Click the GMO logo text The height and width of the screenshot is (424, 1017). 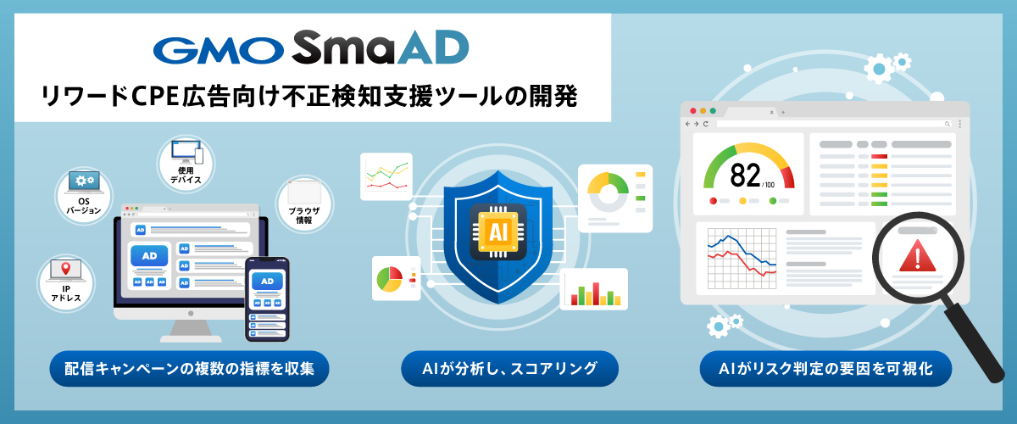(x=219, y=50)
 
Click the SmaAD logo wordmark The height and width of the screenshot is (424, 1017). (x=381, y=47)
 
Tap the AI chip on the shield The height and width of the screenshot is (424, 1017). (x=498, y=232)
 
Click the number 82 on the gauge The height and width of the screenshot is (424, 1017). (x=745, y=176)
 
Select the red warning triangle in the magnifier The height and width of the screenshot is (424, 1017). (x=918, y=256)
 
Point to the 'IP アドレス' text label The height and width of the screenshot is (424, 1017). (x=66, y=293)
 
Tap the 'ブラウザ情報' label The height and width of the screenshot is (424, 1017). (x=303, y=215)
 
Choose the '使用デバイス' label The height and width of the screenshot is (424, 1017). (x=186, y=175)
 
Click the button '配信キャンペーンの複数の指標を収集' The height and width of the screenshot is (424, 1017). (x=189, y=369)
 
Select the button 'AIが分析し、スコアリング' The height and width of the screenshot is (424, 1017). (x=509, y=369)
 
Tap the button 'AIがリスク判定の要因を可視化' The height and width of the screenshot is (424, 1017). (x=825, y=369)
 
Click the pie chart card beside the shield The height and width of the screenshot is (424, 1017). (x=396, y=279)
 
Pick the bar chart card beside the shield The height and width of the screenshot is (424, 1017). (x=594, y=289)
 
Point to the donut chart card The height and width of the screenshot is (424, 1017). (x=615, y=198)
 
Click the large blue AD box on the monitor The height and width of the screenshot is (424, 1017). (x=149, y=256)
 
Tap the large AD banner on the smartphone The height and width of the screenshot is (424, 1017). (x=267, y=282)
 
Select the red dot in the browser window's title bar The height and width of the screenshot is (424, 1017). (x=693, y=110)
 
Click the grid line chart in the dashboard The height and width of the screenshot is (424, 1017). (x=742, y=259)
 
